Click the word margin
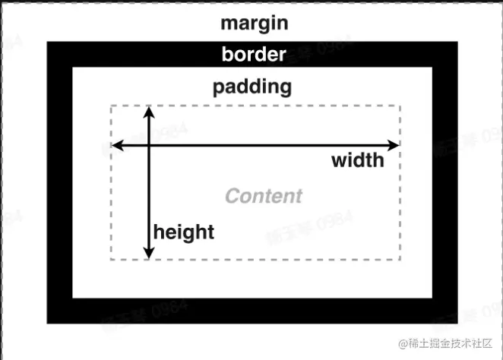coord(254,23)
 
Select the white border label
coord(254,55)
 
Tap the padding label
coord(252,87)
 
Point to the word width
coord(357,161)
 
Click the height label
coord(184,232)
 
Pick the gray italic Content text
coord(264,196)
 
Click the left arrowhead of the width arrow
coord(116,145)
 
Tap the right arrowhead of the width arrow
coord(394,145)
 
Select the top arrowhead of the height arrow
coord(149,111)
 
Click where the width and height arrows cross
coord(149,145)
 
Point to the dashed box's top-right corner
coord(400,106)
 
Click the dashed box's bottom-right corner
coord(400,259)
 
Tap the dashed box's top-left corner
coord(112,106)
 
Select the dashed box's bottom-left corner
coord(112,259)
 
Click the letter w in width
coord(338,162)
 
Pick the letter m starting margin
coord(228,24)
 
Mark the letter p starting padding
coord(219,88)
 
